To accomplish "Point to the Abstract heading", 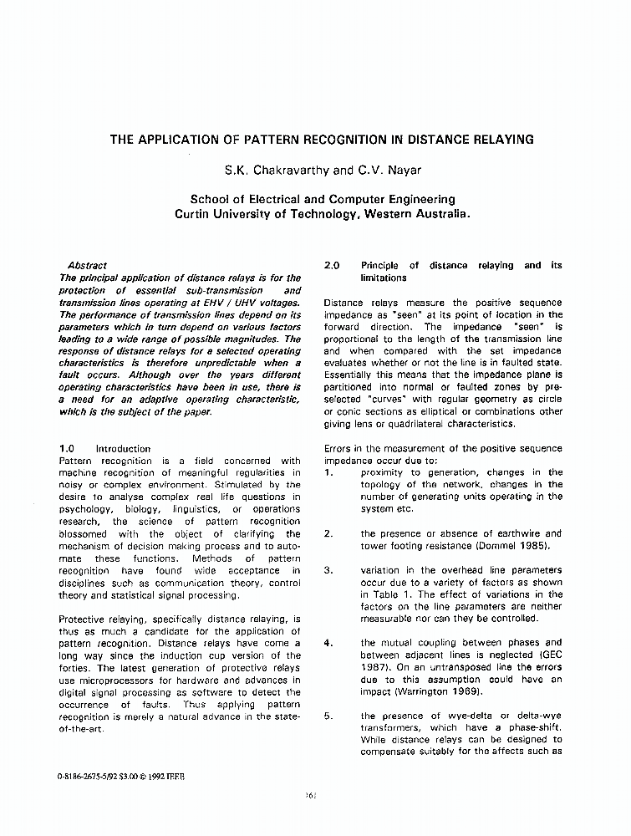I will pyautogui.click(x=87, y=265).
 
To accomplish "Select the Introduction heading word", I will pyautogui.click(x=123, y=448).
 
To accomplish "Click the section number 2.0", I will pyautogui.click(x=331, y=265).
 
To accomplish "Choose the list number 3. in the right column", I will pyautogui.click(x=328, y=570).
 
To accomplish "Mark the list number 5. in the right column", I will pyautogui.click(x=328, y=716).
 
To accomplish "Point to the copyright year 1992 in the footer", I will pyautogui.click(x=148, y=777).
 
